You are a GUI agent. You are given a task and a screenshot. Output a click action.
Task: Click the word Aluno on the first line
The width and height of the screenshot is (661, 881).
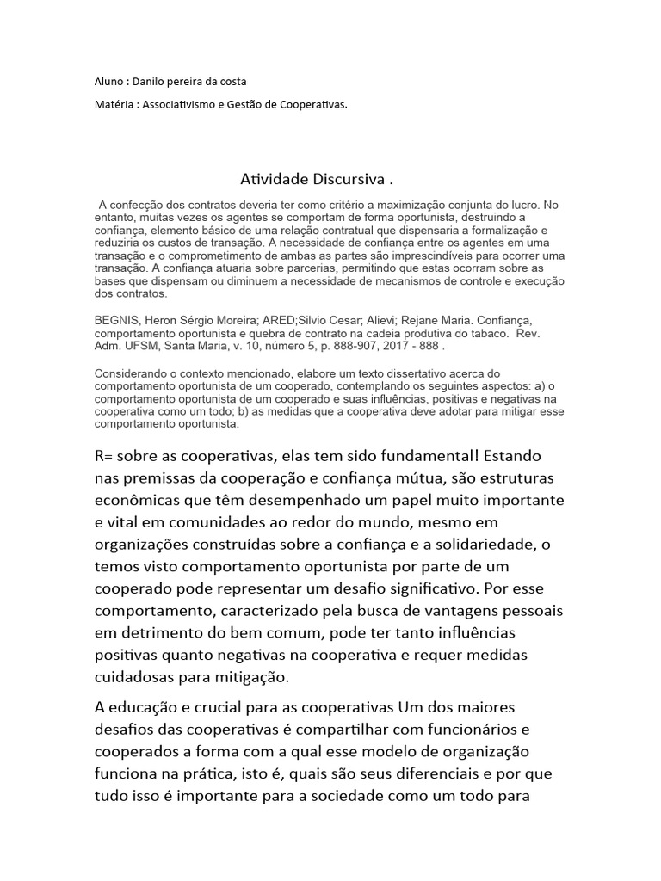[x=108, y=82]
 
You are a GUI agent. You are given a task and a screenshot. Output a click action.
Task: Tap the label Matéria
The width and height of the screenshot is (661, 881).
[x=113, y=104]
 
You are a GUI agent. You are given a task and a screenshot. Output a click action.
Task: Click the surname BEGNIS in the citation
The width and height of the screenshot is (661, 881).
[x=116, y=317]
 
